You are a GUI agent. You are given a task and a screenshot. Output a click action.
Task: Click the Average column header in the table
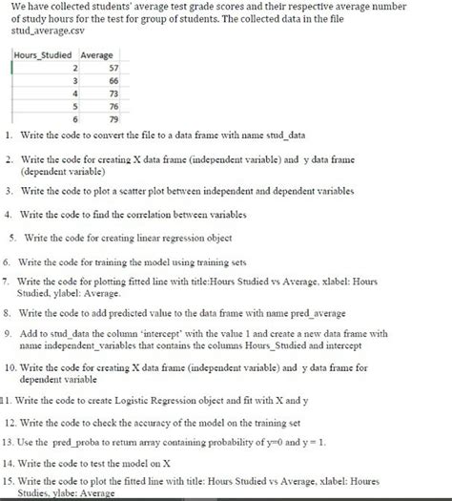click(97, 55)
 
